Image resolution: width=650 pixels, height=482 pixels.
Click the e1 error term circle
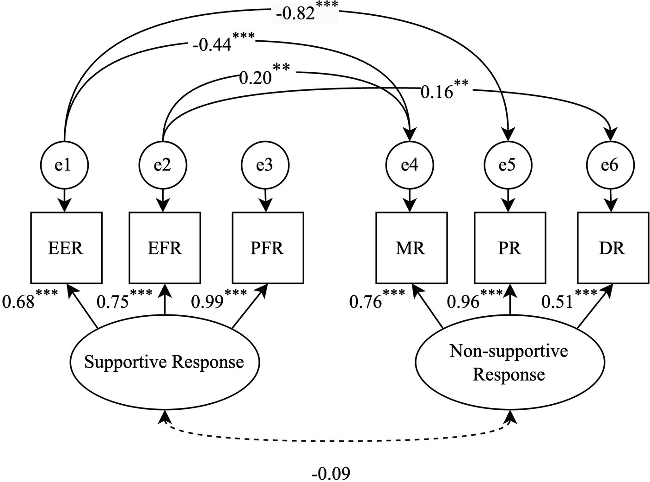(64, 165)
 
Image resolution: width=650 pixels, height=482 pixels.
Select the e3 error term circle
(265, 165)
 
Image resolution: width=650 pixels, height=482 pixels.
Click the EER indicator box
(66, 248)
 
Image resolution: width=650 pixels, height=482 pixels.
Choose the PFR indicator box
(268, 248)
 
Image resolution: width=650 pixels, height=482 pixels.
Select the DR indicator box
(613, 248)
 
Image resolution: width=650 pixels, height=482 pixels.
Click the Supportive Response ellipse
(164, 362)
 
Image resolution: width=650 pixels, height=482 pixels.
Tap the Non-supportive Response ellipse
(509, 363)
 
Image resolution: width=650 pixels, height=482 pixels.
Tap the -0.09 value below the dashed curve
(331, 474)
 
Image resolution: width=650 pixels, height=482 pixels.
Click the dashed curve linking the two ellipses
(337, 439)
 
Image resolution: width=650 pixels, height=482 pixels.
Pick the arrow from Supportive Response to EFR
(165, 300)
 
